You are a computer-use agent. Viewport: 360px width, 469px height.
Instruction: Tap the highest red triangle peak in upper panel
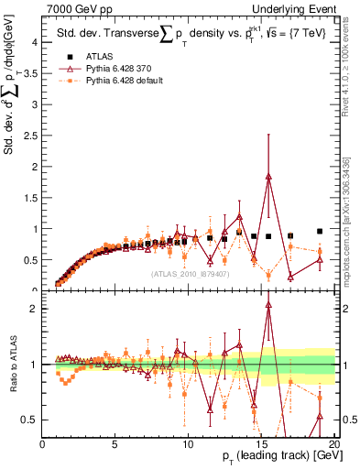coord(268,176)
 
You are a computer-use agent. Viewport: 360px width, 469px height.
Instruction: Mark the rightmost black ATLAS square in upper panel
coord(320,232)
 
